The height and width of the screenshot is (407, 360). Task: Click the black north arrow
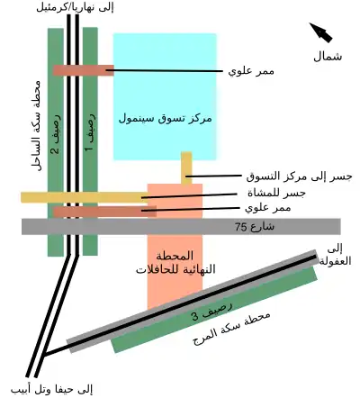click(321, 32)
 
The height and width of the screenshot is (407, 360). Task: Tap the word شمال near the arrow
click(328, 57)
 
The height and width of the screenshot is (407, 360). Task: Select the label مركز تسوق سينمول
click(166, 118)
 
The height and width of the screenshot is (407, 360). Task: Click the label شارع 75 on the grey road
click(255, 226)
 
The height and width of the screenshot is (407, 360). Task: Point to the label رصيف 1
click(90, 132)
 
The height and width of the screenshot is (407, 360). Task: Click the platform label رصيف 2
click(56, 134)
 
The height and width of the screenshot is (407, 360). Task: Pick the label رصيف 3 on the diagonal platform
click(212, 311)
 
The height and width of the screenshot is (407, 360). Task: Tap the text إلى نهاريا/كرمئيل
click(75, 8)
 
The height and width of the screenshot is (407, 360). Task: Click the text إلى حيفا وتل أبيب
click(51, 390)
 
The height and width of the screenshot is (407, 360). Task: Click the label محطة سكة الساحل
click(35, 125)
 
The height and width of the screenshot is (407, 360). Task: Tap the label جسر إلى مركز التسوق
click(299, 176)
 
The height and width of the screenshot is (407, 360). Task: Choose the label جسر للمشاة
click(276, 193)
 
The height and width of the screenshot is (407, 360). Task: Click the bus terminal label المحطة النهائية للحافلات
click(175, 263)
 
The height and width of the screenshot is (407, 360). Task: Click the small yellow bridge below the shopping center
click(186, 168)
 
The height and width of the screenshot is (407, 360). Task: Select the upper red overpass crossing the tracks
click(84, 70)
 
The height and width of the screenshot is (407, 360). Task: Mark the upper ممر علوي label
click(251, 71)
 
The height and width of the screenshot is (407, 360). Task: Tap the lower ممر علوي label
click(268, 207)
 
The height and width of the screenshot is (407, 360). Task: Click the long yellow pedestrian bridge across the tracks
click(85, 197)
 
